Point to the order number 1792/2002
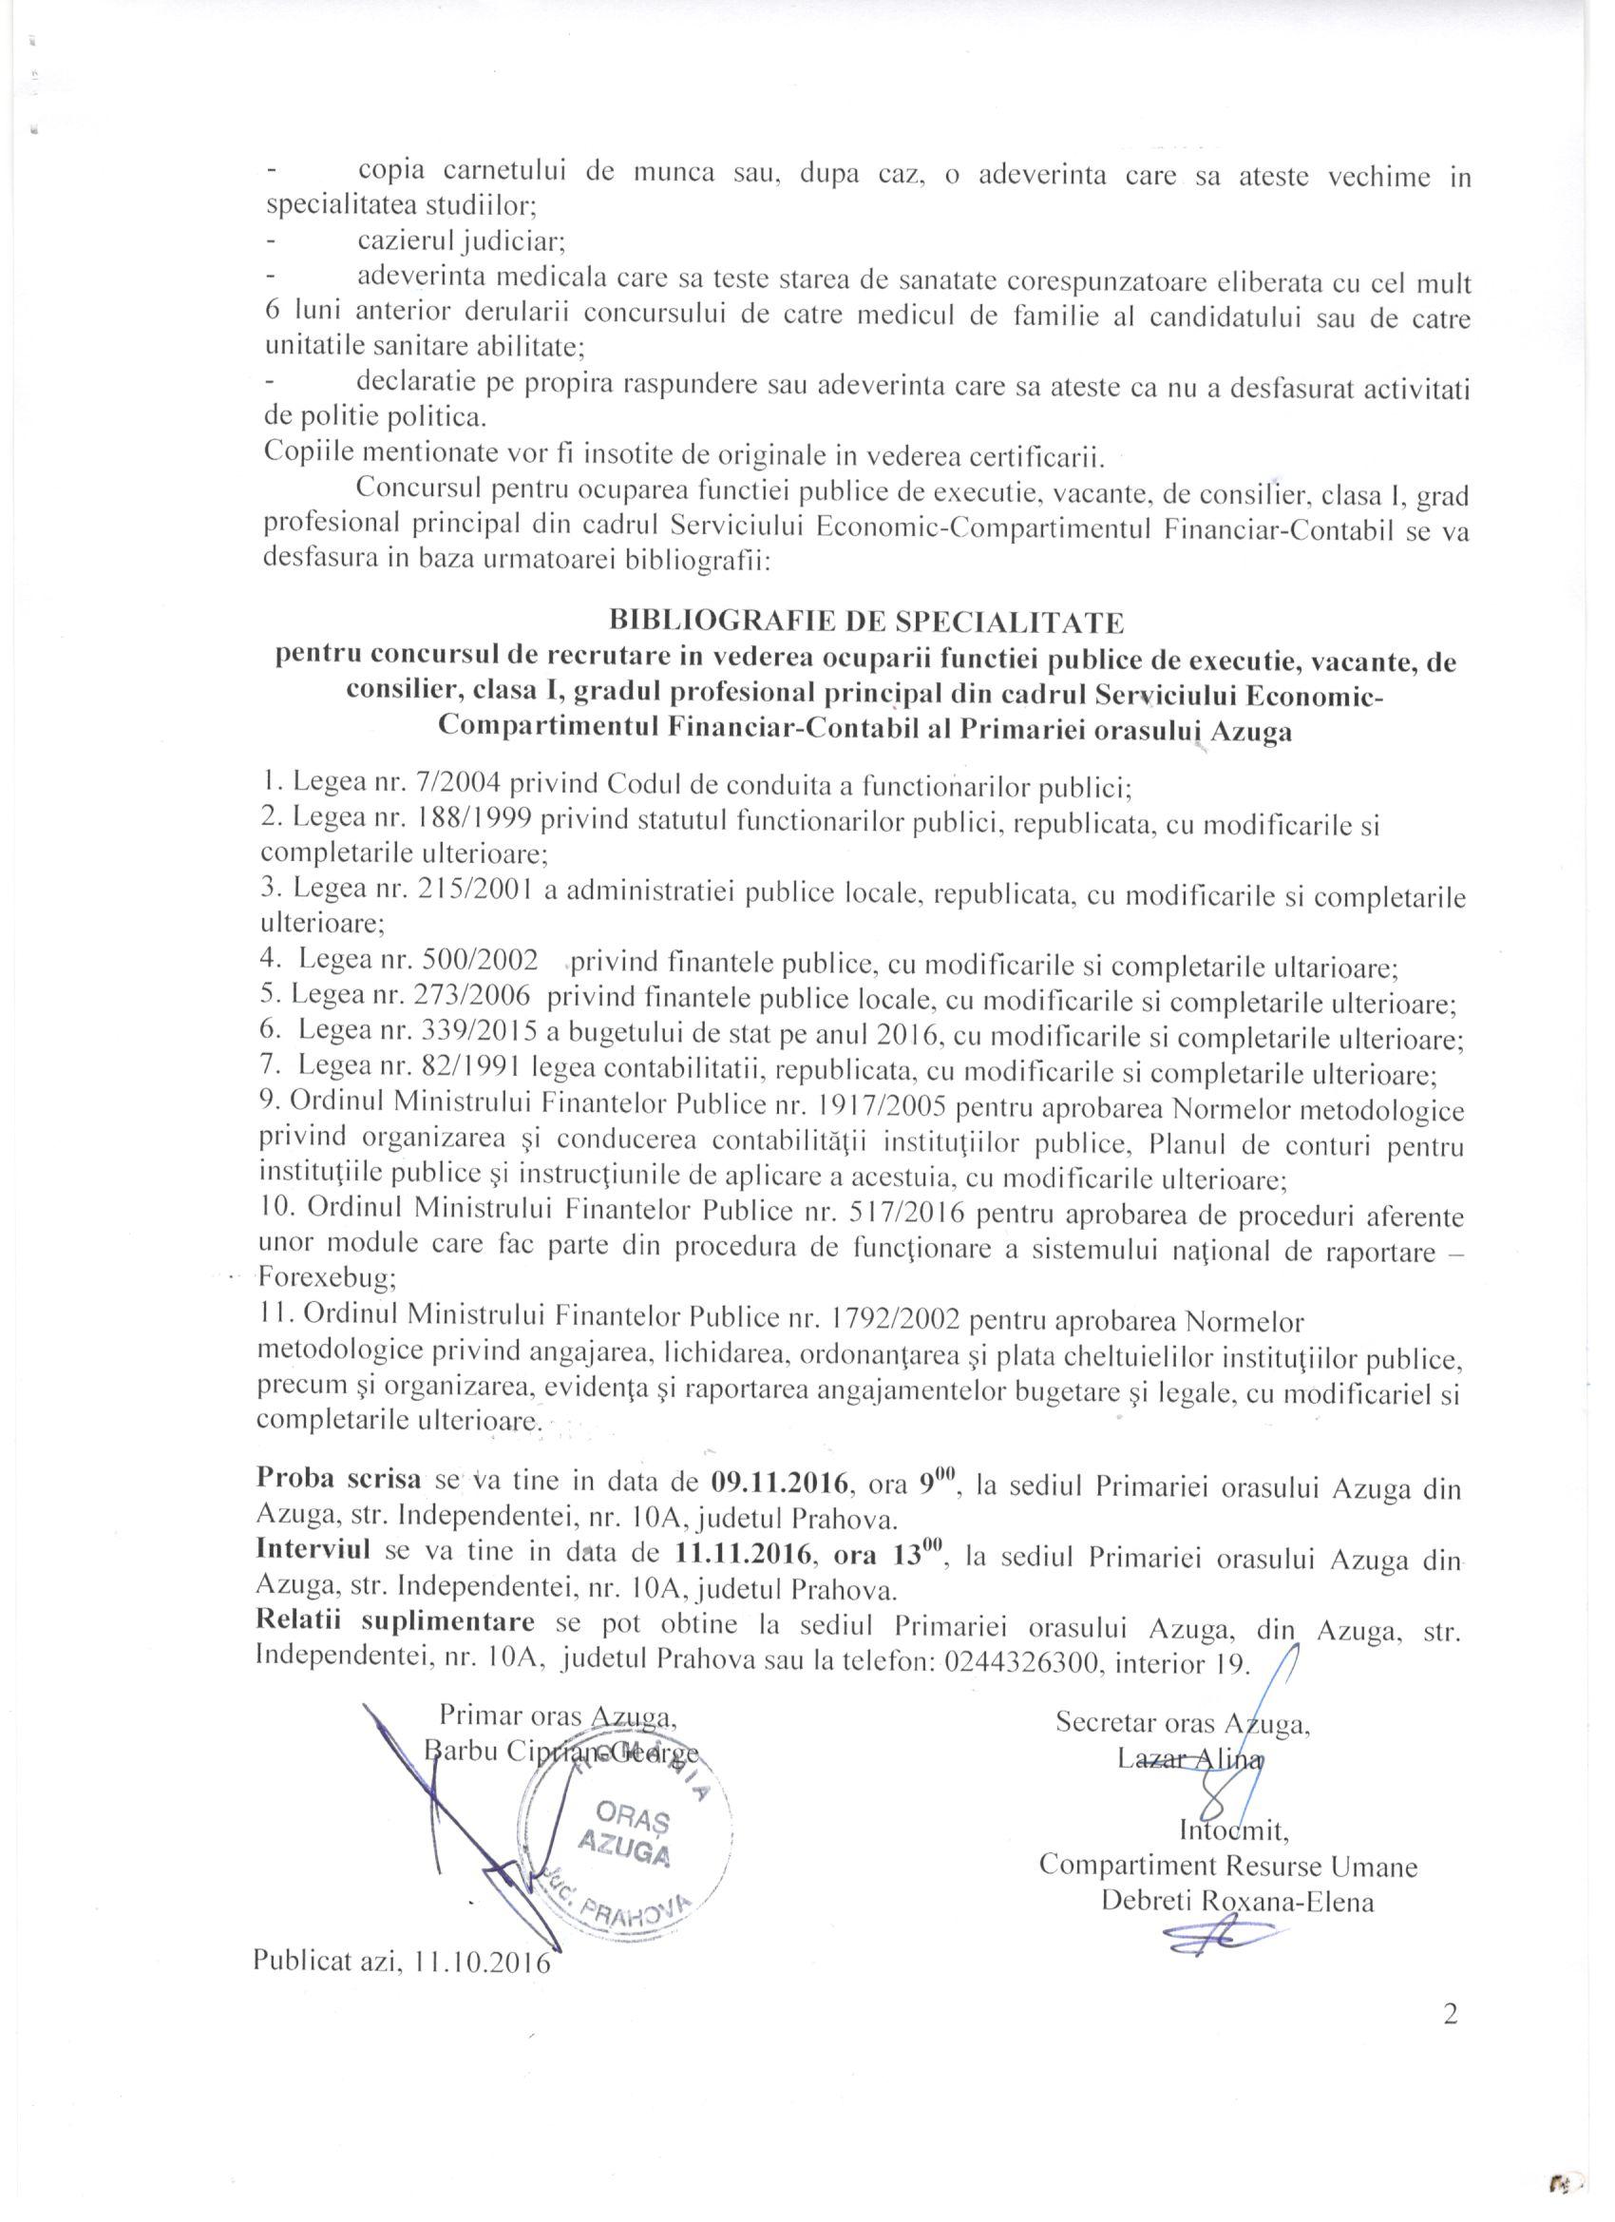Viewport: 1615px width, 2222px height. point(895,1323)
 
